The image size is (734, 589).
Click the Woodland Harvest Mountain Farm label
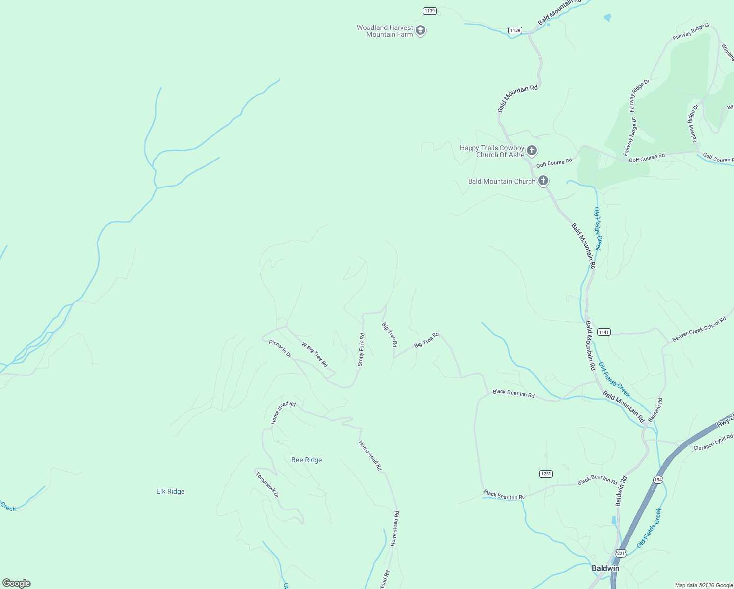pyautogui.click(x=385, y=31)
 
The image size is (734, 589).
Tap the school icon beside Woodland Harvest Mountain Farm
pyautogui.click(x=420, y=30)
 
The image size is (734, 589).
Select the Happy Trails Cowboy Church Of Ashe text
pyautogui.click(x=492, y=151)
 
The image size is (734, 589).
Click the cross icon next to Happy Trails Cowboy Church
pyautogui.click(x=532, y=150)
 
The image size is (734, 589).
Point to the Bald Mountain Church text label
pyautogui.click(x=501, y=181)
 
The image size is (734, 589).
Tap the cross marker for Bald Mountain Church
pyautogui.click(x=543, y=180)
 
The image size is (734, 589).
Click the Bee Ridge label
pyautogui.click(x=307, y=460)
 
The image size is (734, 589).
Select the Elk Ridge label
pyautogui.click(x=170, y=491)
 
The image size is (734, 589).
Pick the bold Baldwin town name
pyautogui.click(x=605, y=568)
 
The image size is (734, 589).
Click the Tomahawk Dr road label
pyautogui.click(x=267, y=484)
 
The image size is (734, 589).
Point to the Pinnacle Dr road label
pyautogui.click(x=280, y=348)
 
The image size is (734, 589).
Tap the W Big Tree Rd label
pyautogui.click(x=315, y=354)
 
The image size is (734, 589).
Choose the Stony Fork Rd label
pyautogui.click(x=361, y=350)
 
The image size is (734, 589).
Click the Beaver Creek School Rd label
pyautogui.click(x=699, y=329)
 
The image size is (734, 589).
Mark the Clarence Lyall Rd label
pyautogui.click(x=713, y=442)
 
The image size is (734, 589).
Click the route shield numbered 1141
pyautogui.click(x=603, y=332)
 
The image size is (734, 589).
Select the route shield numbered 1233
pyautogui.click(x=546, y=474)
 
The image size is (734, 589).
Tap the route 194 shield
pyautogui.click(x=658, y=479)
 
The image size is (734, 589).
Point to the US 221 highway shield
pyautogui.click(x=621, y=553)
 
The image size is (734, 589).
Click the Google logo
pyautogui.click(x=17, y=583)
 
